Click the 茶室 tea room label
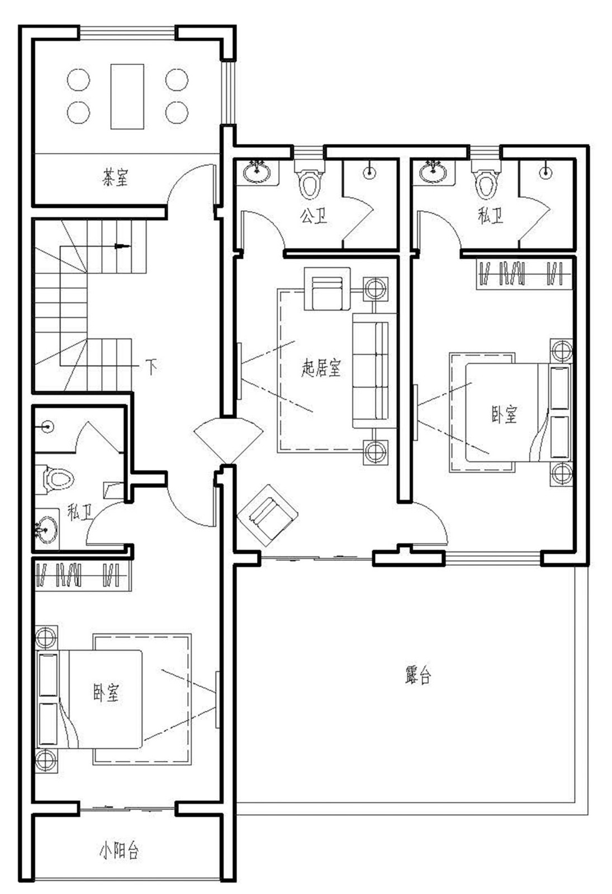coord(115,178)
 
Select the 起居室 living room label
coord(321,368)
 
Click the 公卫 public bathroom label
coord(314,216)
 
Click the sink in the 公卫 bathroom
coord(257,171)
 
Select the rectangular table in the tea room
coord(127,96)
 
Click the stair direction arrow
coord(122,246)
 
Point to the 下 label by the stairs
coord(151,366)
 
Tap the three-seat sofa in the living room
coord(374,371)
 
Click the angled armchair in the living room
coord(267,515)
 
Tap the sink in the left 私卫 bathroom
coord(46,529)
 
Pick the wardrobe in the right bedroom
coord(524,273)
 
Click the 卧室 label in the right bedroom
coord(504,414)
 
